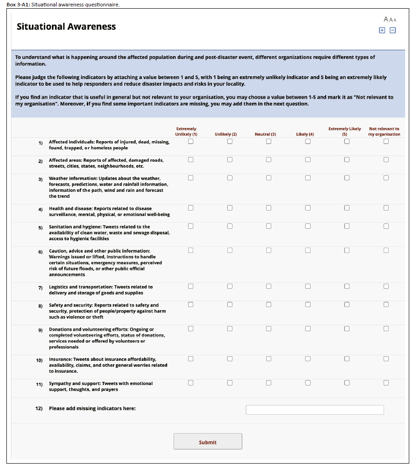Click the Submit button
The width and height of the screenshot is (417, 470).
(x=208, y=442)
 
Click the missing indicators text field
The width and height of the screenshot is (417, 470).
(x=315, y=410)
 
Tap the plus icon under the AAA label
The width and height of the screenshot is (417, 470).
(x=382, y=31)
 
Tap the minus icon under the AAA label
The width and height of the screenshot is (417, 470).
(x=392, y=31)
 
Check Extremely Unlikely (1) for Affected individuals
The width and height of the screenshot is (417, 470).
(x=190, y=142)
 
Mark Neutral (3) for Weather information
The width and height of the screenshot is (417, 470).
(x=269, y=178)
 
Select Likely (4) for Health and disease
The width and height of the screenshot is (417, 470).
(x=308, y=208)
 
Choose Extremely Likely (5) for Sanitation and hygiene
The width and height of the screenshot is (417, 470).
(x=347, y=226)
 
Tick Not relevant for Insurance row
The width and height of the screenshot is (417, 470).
(x=386, y=359)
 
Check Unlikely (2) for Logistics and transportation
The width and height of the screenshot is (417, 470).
(x=230, y=286)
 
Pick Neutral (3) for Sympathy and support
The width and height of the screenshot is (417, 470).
(x=269, y=383)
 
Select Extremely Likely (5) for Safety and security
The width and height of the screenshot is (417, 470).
(x=347, y=304)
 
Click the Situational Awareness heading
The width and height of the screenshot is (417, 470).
(x=66, y=26)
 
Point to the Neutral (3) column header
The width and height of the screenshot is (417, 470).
(x=265, y=134)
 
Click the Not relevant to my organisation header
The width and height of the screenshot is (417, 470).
(x=384, y=132)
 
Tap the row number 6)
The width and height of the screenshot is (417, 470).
(x=40, y=252)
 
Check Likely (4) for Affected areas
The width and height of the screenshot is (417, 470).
(x=308, y=159)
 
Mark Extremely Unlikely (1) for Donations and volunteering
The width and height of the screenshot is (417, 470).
(x=190, y=328)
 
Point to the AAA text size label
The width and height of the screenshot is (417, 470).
(x=390, y=20)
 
